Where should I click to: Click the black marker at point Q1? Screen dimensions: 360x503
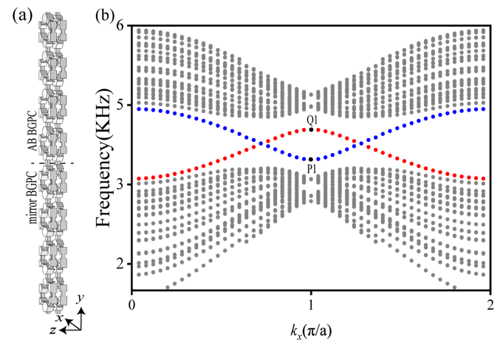pyautogui.click(x=312, y=129)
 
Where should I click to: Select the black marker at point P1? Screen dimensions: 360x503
pyautogui.click(x=312, y=159)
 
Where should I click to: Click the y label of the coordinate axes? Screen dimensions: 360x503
pyautogui.click(x=79, y=297)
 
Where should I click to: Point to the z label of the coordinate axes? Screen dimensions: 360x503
pyautogui.click(x=53, y=330)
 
